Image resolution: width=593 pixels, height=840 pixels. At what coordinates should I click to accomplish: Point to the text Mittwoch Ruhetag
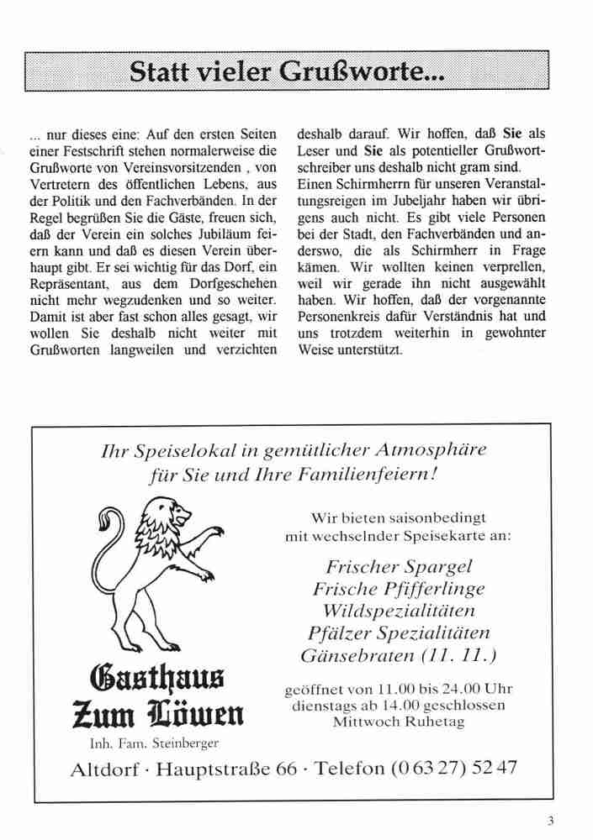pyautogui.click(x=399, y=721)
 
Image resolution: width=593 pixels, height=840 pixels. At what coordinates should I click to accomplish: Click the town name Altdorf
pyautogui.click(x=104, y=768)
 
